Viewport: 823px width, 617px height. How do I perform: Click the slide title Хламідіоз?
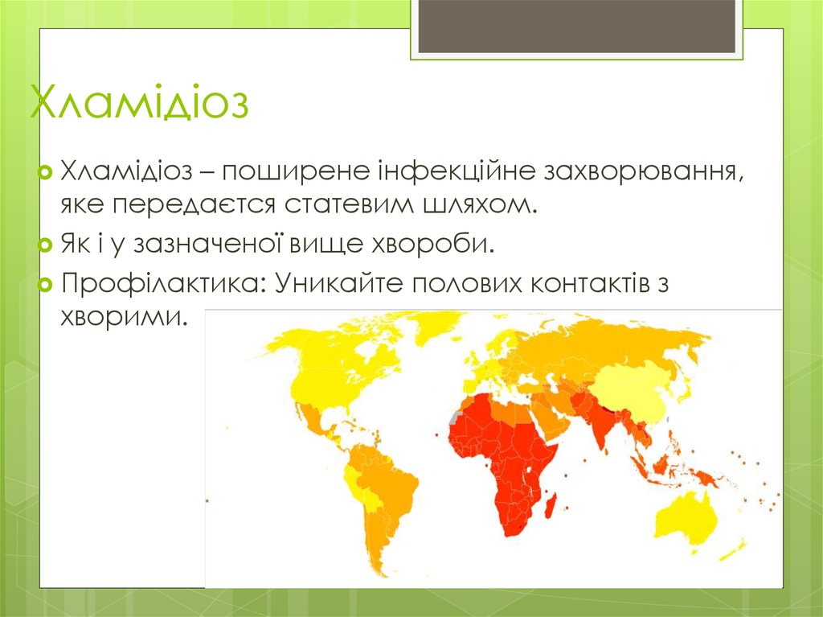[139, 104]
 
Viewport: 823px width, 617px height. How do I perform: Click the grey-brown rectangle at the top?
[576, 25]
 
